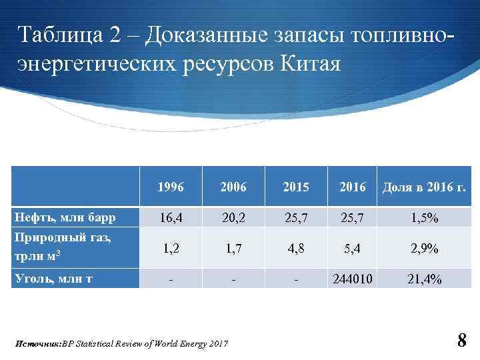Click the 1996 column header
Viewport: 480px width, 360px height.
[171, 187]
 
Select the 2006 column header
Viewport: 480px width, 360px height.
[233, 187]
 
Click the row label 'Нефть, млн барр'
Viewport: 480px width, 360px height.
[65, 217]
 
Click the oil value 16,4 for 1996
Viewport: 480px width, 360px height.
[171, 218]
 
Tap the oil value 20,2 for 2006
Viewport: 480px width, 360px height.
[233, 218]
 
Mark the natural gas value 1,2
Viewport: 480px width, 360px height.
[171, 249]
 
